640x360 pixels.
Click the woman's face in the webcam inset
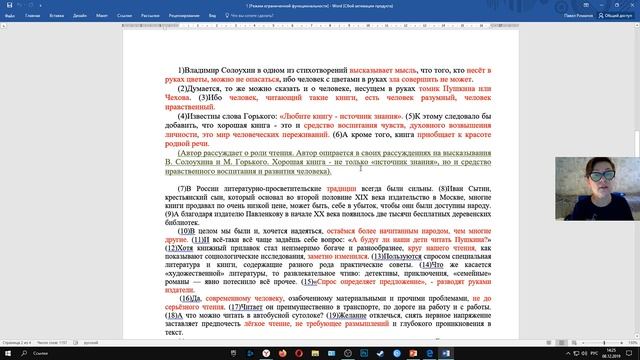[597, 171]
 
